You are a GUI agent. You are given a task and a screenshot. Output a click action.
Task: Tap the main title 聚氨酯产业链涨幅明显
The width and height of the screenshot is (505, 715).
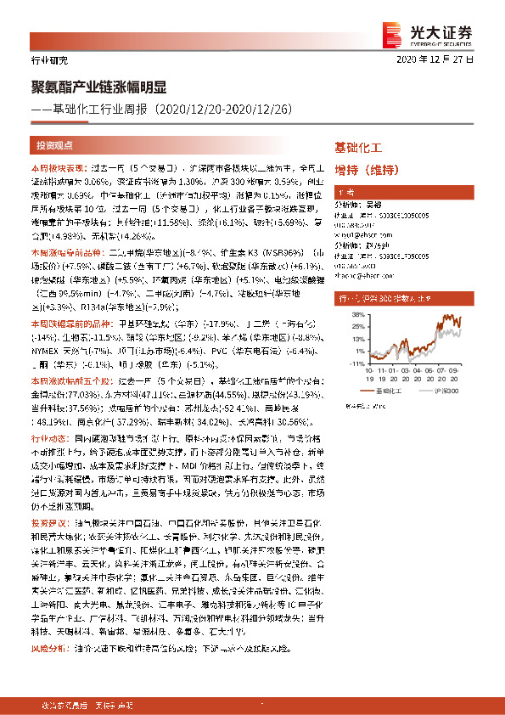click(x=96, y=87)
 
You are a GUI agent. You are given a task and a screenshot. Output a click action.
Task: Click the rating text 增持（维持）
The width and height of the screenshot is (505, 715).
click(x=367, y=169)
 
